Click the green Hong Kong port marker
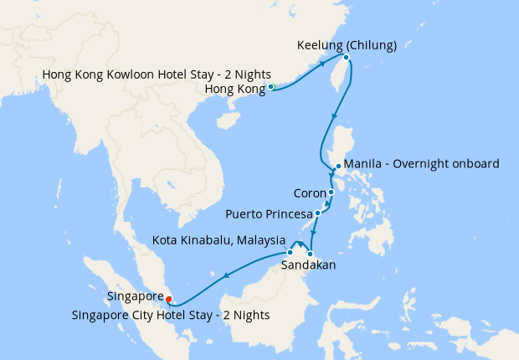271,86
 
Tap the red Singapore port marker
169,299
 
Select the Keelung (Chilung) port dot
346,58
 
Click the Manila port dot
337,167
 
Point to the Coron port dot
331,193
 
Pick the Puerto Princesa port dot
317,213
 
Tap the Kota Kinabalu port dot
290,252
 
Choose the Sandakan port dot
310,254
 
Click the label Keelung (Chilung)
347,44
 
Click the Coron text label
310,193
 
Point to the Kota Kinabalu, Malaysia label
218,240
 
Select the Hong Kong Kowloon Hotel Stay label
157,75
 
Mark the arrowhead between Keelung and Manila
336,116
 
